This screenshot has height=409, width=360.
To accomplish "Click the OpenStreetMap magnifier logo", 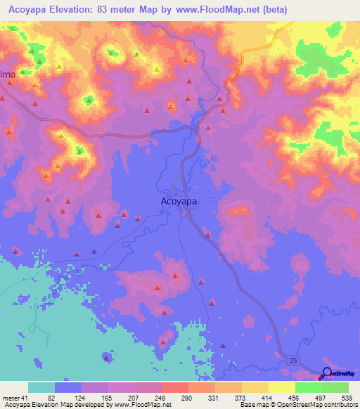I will tap(327, 373).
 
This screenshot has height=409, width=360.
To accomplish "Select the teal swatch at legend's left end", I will tap(41, 388).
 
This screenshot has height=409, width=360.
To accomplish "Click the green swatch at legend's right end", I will tap(335, 388).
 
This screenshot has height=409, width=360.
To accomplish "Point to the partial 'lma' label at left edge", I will tap(7, 74).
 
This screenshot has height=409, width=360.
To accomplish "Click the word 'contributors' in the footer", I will tap(335, 404).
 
